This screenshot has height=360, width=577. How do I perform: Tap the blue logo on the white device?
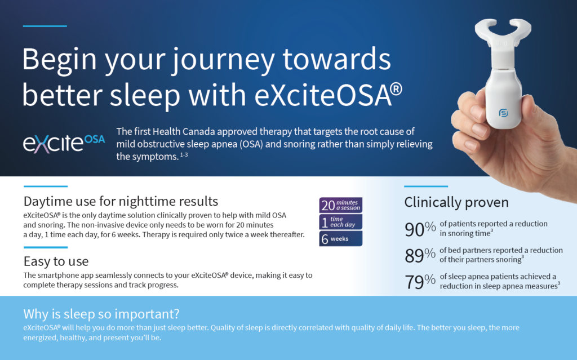(x=503, y=113)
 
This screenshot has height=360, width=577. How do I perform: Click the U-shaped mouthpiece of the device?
(x=503, y=32)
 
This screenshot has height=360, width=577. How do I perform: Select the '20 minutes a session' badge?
(x=340, y=205)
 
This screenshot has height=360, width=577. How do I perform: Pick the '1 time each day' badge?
(x=340, y=222)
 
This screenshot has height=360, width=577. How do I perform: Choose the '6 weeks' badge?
(x=340, y=238)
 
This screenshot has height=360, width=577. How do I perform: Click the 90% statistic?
(x=420, y=229)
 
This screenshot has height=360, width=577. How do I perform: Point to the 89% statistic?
(x=420, y=255)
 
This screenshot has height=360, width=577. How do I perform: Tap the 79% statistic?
(x=420, y=282)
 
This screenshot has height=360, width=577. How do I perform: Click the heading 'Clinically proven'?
(x=456, y=202)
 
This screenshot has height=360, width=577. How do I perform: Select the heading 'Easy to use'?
(x=56, y=261)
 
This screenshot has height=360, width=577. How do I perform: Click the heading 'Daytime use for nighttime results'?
(x=121, y=201)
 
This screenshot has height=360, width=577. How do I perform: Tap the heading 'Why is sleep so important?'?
(x=101, y=314)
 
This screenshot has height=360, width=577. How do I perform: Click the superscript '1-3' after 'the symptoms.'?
(x=184, y=154)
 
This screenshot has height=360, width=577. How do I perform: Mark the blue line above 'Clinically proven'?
(x=426, y=186)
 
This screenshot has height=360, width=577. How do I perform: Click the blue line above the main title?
(x=45, y=26)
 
